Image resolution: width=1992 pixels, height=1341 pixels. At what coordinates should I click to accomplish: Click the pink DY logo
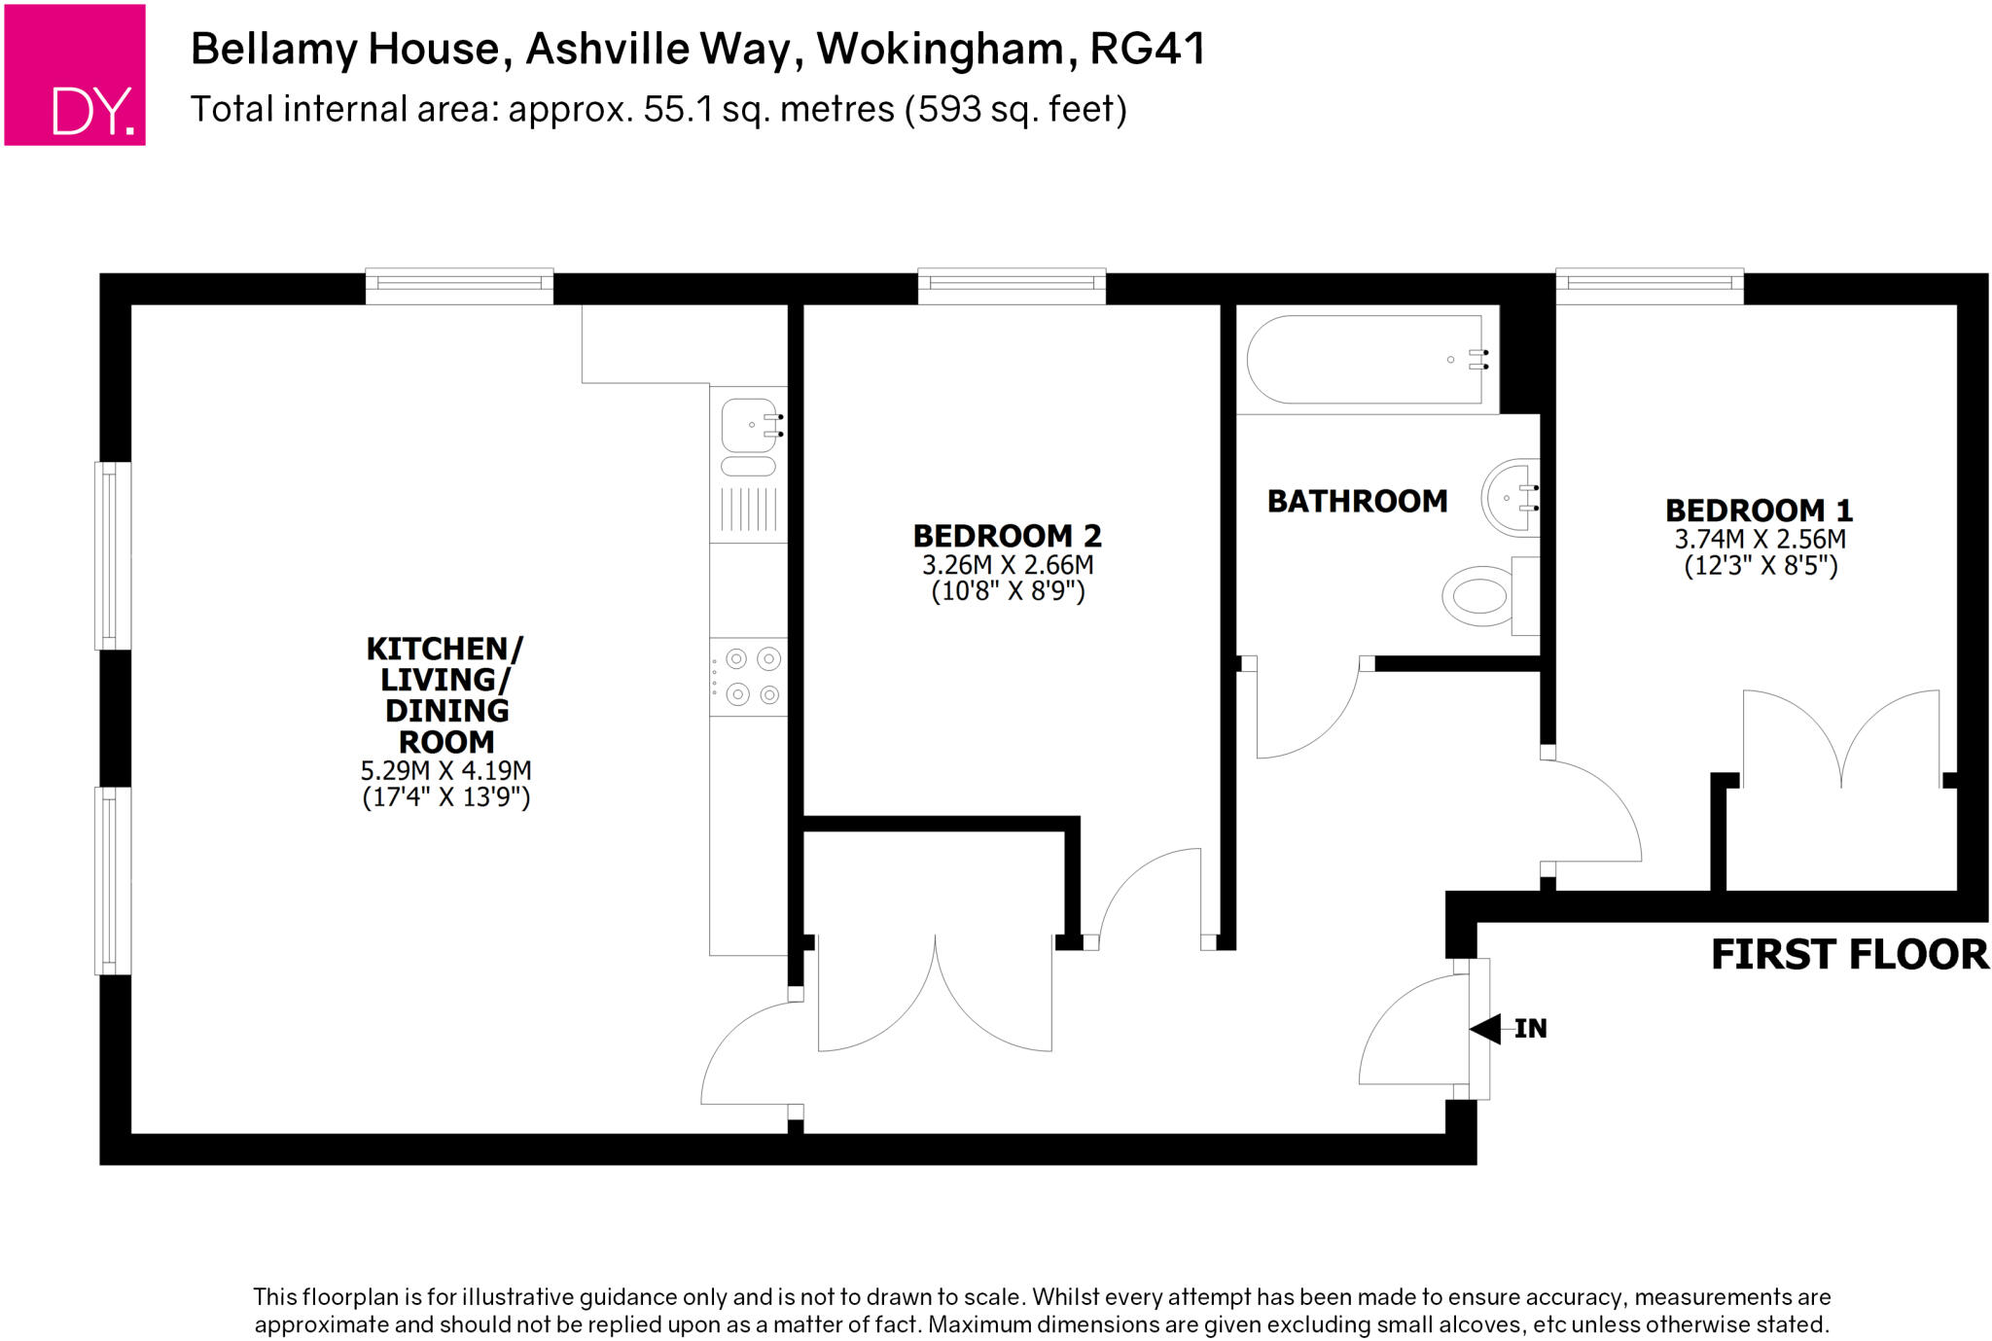click(x=75, y=75)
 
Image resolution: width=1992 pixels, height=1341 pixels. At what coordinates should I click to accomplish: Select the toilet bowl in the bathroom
click(x=1477, y=595)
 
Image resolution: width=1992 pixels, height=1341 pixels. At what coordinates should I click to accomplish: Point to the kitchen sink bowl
click(x=748, y=425)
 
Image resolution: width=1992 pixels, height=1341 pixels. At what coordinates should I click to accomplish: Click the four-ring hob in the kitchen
click(x=748, y=677)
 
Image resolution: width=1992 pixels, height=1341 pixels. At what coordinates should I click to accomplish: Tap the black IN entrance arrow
click(x=1485, y=1028)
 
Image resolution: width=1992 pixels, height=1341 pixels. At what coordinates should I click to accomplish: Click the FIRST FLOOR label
click(x=1848, y=955)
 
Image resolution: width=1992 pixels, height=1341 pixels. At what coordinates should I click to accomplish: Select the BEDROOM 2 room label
click(x=1007, y=536)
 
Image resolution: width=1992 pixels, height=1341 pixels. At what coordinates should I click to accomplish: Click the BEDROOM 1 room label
click(x=1759, y=511)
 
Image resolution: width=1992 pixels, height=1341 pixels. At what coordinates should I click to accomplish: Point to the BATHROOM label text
click(x=1357, y=502)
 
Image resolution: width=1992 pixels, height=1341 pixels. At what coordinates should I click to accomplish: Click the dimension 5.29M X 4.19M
click(x=445, y=771)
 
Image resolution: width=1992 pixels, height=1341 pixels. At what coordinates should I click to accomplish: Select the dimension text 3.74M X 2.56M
click(x=1759, y=540)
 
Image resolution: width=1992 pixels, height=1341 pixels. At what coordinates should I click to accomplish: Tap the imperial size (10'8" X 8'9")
click(x=1007, y=591)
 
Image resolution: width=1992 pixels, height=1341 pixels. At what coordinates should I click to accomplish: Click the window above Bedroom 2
click(x=1012, y=284)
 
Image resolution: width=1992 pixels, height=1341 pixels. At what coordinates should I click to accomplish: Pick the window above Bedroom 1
click(x=1649, y=284)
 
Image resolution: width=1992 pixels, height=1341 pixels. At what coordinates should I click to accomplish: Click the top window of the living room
click(x=459, y=284)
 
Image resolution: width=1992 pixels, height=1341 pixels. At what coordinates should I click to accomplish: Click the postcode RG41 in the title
click(x=1148, y=49)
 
